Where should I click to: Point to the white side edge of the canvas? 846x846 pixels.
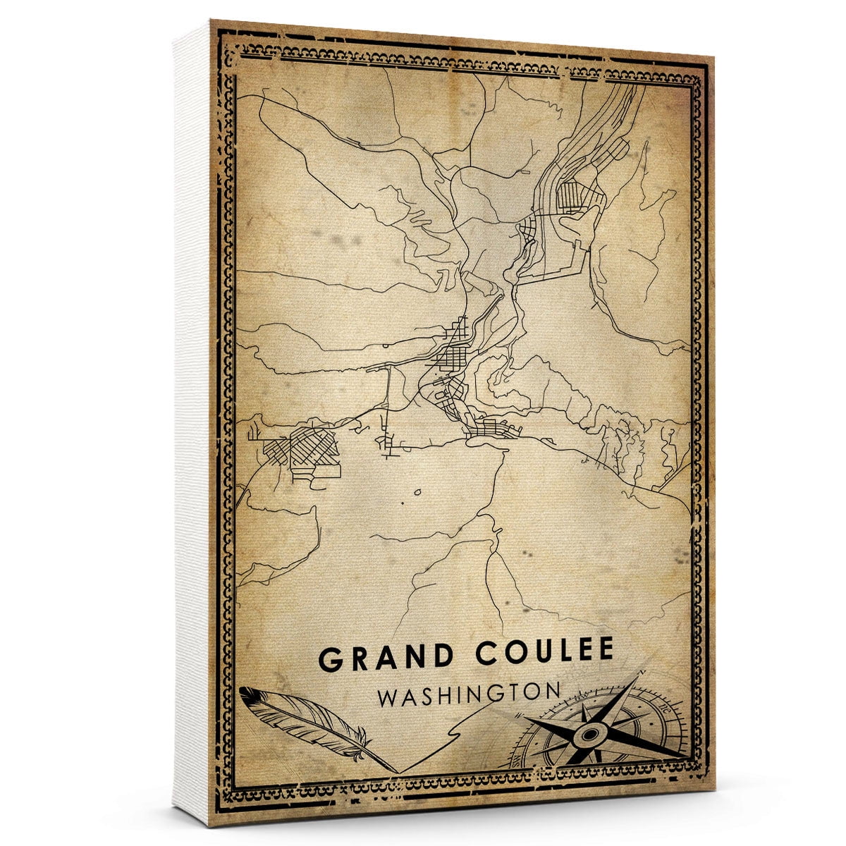coord(192,423)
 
